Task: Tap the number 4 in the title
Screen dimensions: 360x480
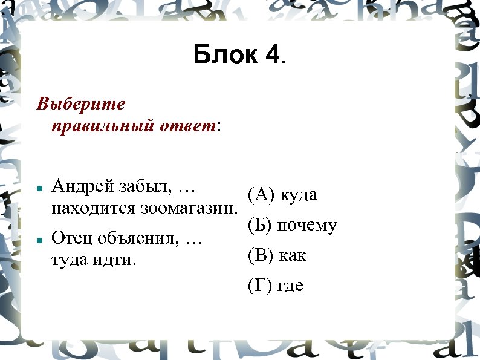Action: [x=272, y=55]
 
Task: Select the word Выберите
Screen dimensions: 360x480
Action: [x=81, y=105]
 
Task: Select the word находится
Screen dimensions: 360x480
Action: [x=94, y=209]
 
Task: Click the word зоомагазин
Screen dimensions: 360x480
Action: [x=189, y=209]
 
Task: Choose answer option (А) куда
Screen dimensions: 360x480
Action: [x=282, y=195]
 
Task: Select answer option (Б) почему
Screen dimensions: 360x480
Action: [x=292, y=226]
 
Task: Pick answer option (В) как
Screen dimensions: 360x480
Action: [x=277, y=255]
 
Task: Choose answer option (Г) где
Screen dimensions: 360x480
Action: [x=275, y=285]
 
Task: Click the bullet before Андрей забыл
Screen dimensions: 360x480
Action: [x=39, y=189]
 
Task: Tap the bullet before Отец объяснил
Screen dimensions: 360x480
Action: [x=39, y=240]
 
